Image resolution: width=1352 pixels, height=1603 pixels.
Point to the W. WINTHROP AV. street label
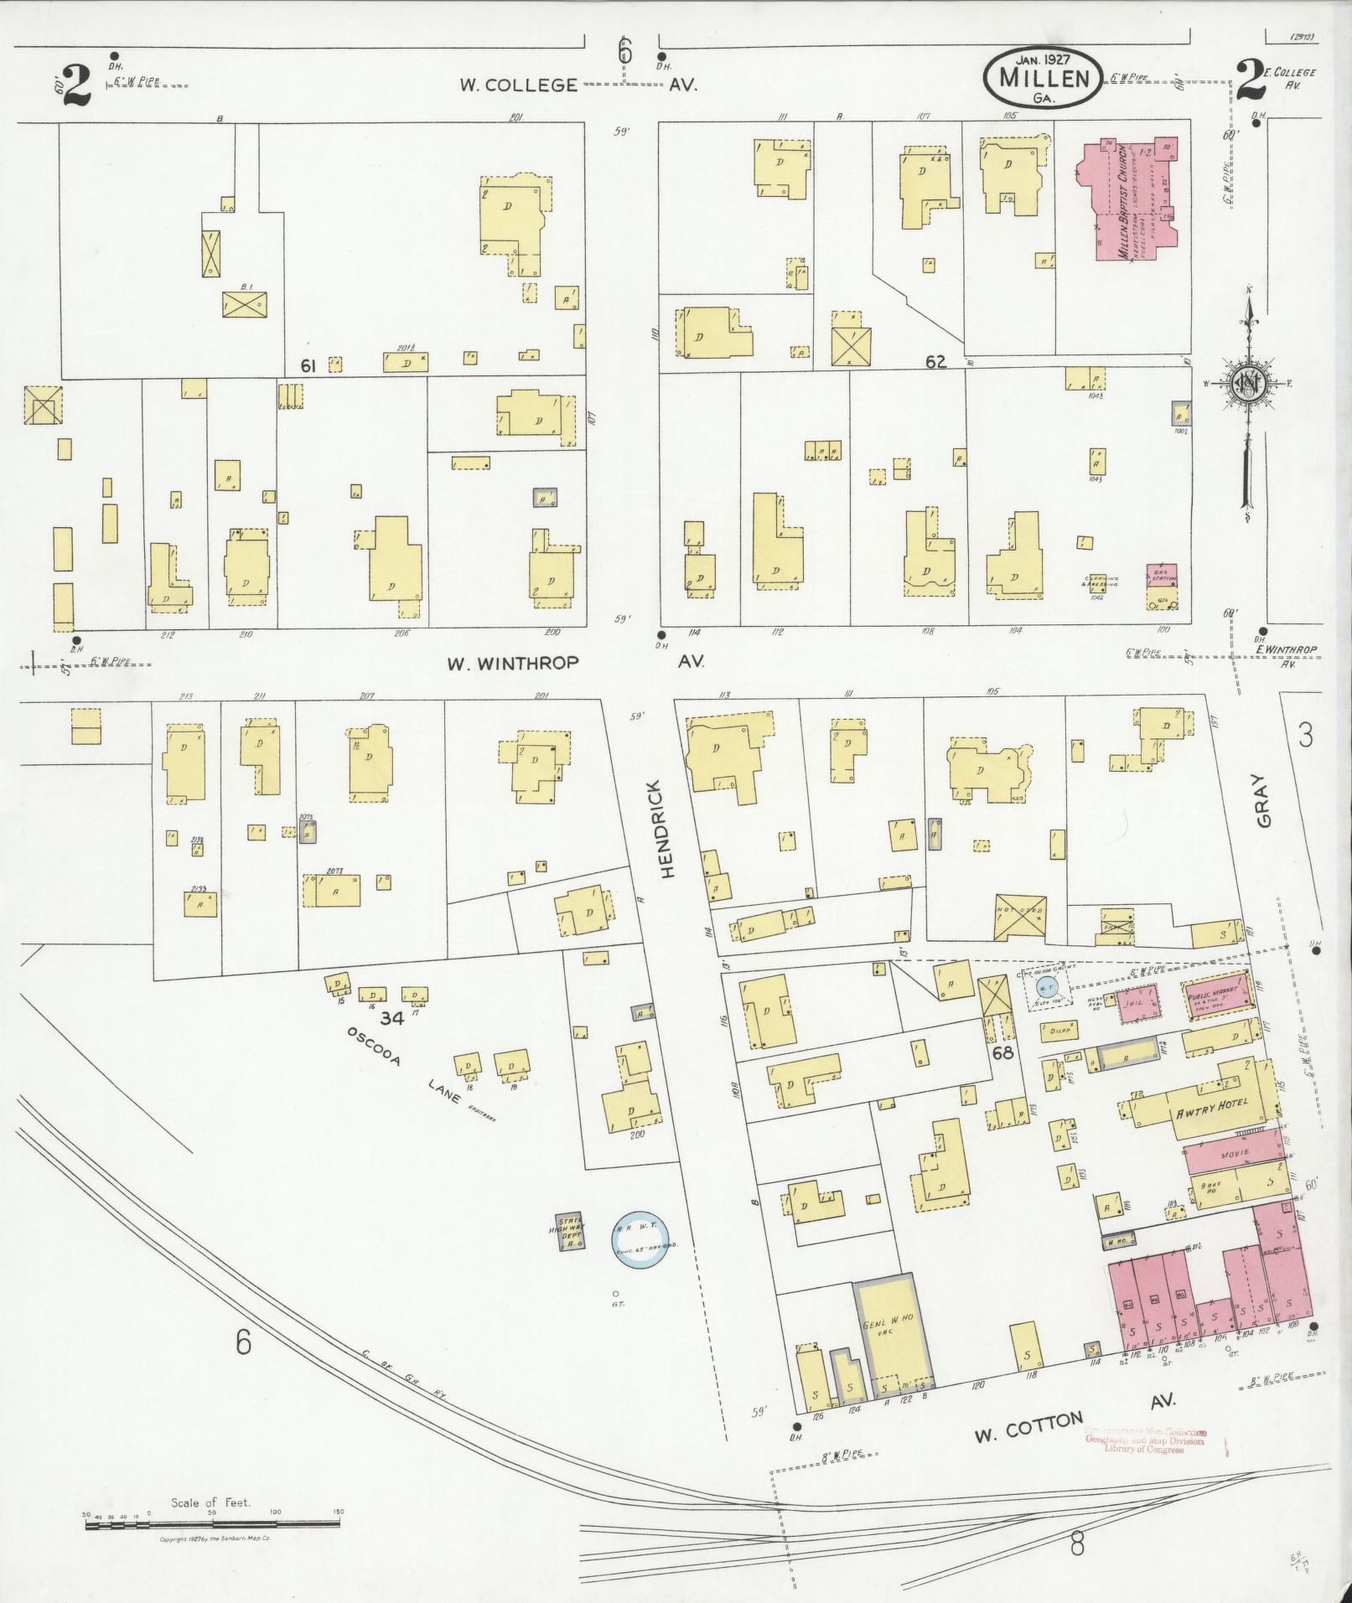[x=575, y=662]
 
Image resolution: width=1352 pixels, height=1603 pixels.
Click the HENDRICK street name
[x=666, y=830]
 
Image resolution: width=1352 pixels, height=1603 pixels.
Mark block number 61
[x=308, y=365]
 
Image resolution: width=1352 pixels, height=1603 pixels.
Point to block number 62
[x=935, y=361]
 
